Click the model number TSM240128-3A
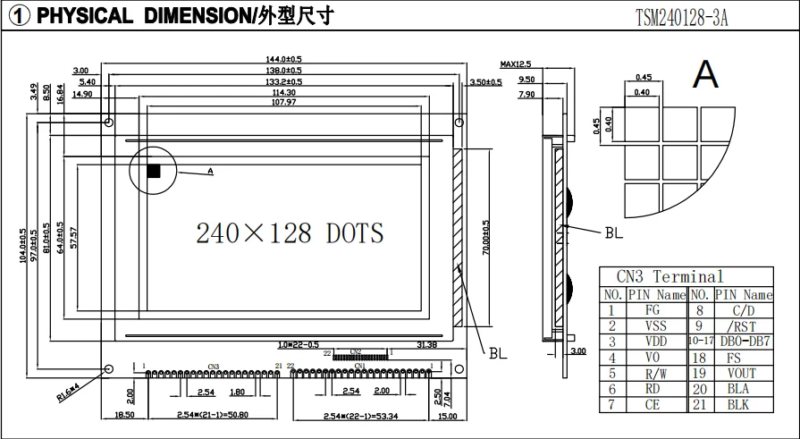(681, 16)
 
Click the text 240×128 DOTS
(290, 233)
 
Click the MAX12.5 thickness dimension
(516, 64)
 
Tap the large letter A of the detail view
(705, 74)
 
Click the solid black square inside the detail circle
(154, 171)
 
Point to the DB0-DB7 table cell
(744, 342)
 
